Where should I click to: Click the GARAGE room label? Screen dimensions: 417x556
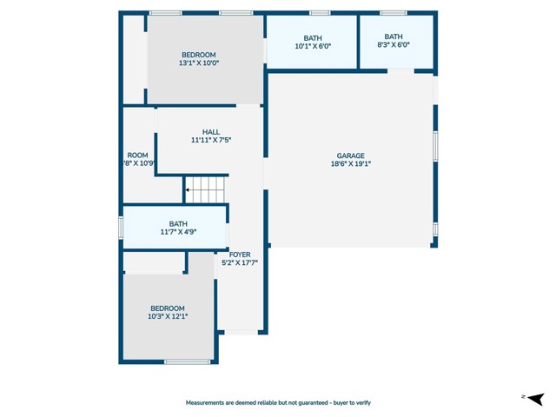point(351,156)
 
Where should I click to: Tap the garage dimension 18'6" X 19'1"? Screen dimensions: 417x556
point(351,163)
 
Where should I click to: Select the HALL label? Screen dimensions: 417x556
point(211,132)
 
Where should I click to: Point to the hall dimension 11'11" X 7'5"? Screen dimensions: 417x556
point(211,140)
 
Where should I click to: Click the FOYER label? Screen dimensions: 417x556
point(240,255)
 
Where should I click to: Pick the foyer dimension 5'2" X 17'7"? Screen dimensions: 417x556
point(240,262)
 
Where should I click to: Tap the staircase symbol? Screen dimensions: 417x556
point(207,189)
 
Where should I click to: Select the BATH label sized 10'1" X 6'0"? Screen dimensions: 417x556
point(312,37)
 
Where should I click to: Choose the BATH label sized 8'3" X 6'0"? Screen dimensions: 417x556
point(394,36)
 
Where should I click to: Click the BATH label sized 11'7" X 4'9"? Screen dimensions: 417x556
point(178,223)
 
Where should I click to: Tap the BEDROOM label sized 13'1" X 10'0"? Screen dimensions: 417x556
point(198,55)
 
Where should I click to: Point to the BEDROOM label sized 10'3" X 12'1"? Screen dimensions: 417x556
point(168,308)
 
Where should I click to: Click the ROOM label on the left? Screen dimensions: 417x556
point(136,156)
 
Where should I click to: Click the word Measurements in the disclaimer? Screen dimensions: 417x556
point(208,403)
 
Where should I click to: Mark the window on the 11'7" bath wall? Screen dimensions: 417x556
point(122,227)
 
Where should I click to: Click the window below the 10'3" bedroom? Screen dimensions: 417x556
point(188,361)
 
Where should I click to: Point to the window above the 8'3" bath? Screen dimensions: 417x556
point(394,13)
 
